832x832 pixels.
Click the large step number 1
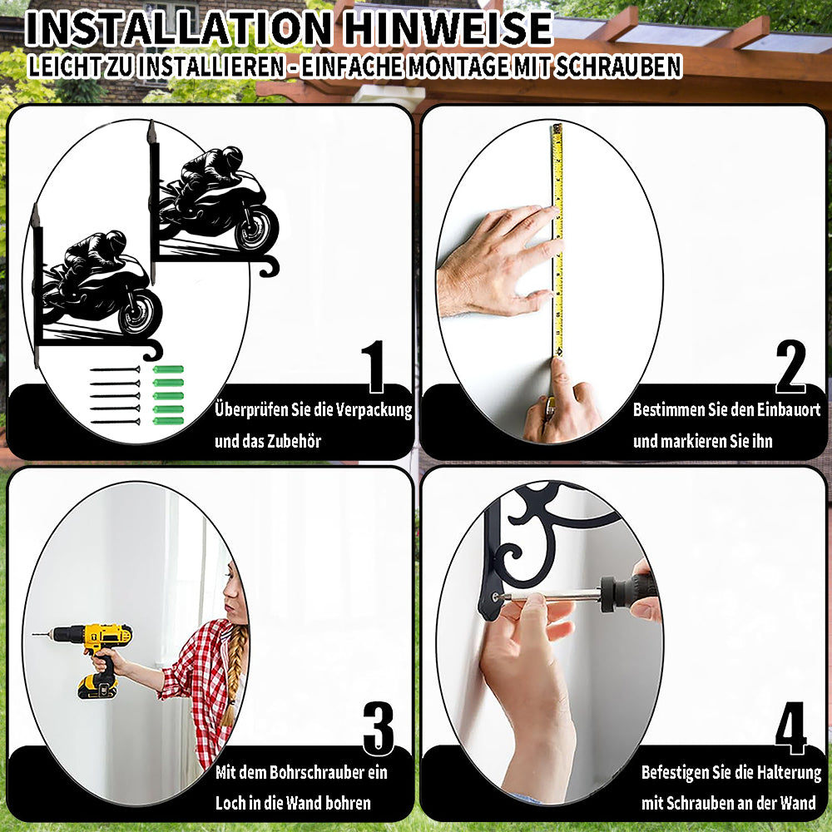point(374,367)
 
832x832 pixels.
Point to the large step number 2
point(790,367)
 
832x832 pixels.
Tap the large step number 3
point(379,729)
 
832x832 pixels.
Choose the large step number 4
point(790,729)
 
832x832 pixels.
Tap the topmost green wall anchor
point(168,369)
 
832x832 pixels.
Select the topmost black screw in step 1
point(115,369)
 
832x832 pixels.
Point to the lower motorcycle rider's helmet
point(115,242)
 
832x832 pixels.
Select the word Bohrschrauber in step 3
point(311,772)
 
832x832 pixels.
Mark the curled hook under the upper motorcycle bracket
point(270,266)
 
